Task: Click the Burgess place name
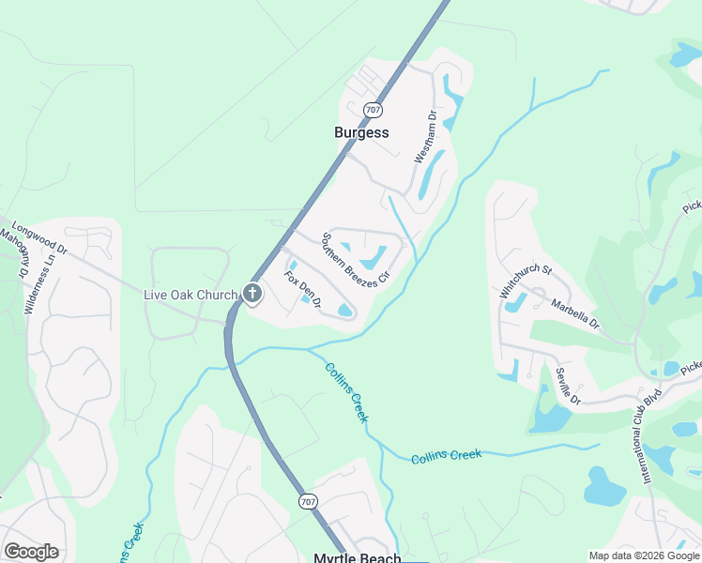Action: point(361,132)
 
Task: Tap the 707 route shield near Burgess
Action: point(374,110)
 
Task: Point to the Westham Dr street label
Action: point(426,138)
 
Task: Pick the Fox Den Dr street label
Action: point(303,290)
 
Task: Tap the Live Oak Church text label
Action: point(190,295)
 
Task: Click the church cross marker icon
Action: point(252,294)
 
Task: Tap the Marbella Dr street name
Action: point(575,312)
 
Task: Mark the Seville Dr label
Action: point(568,387)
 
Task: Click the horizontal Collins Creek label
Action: point(446,456)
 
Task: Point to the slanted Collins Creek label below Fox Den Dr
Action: point(346,391)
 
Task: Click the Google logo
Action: point(32,552)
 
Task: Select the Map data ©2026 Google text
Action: point(644,555)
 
